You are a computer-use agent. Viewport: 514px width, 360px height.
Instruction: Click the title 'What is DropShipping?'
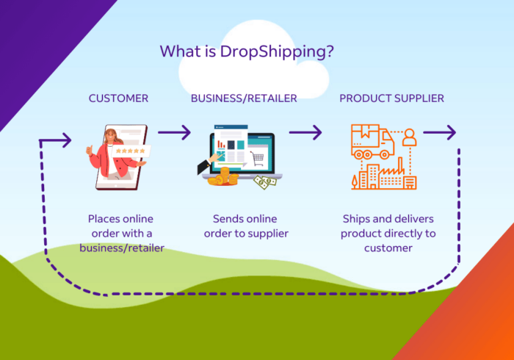247,52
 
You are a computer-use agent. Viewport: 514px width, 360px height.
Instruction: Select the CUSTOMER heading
118,98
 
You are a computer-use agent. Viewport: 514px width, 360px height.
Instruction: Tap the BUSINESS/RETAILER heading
244,98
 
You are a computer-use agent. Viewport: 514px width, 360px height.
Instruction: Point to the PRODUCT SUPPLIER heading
391,98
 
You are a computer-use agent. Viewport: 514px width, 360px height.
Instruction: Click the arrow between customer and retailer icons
175,132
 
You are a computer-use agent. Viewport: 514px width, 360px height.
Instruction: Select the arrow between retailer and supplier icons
305,132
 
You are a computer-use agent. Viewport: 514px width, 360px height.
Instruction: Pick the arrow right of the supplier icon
440,132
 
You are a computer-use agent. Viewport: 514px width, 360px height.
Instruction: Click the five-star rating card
131,151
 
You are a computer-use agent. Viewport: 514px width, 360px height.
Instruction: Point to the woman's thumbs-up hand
89,151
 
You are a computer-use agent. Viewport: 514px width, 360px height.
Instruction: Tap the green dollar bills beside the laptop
266,182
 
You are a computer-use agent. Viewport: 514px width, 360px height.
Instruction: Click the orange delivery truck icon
373,141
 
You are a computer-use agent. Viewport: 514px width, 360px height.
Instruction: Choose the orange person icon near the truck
410,137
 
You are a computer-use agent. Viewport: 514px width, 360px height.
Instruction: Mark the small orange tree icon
355,182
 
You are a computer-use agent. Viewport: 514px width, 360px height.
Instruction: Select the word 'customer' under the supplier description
388,248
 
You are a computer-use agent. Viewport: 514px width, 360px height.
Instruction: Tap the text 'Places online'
120,219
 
